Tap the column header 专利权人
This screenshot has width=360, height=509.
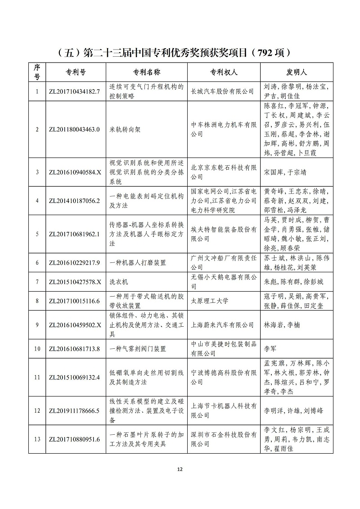pos(224,72)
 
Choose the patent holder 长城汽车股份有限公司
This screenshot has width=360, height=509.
pos(222,91)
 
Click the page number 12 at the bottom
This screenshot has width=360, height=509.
pos(180,469)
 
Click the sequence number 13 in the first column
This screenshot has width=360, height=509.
pos(37,439)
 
